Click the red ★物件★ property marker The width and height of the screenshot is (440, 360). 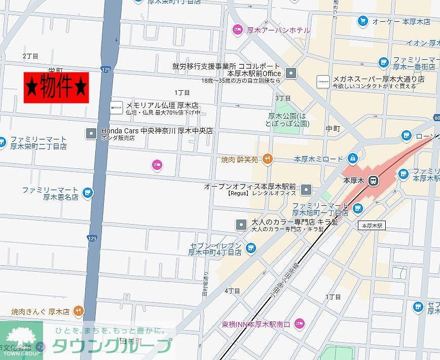[56, 87]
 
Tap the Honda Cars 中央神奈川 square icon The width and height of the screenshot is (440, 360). [91, 133]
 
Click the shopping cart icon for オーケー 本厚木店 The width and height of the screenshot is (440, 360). [362, 21]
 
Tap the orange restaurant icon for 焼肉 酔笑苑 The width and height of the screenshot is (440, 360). [267, 159]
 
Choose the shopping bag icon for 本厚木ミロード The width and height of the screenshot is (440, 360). [352, 159]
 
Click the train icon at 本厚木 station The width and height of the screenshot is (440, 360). [373, 180]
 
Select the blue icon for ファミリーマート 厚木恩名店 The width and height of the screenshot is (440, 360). [88, 193]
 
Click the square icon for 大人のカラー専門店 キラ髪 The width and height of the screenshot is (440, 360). [241, 225]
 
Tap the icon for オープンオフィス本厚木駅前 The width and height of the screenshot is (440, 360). [306, 190]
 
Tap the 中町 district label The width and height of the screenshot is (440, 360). [333, 129]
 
